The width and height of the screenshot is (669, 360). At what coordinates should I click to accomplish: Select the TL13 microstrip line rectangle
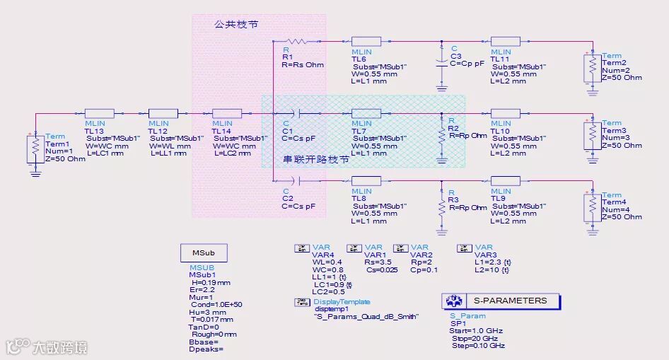click(x=99, y=113)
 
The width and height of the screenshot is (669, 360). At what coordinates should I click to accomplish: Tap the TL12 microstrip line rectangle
click(x=163, y=113)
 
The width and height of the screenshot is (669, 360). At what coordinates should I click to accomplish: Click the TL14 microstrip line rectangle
click(x=226, y=113)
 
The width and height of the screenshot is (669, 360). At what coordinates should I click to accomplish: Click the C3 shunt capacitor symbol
click(x=442, y=62)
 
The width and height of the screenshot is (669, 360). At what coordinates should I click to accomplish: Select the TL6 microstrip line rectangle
click(x=366, y=42)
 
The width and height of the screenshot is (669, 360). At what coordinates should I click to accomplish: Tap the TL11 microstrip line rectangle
click(x=505, y=42)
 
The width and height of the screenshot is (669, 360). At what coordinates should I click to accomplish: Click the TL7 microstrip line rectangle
click(x=366, y=113)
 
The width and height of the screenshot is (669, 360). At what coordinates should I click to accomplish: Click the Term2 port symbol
click(x=592, y=67)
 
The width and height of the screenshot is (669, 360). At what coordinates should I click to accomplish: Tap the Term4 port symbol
click(x=592, y=207)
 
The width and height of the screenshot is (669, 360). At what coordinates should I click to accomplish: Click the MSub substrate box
click(x=209, y=253)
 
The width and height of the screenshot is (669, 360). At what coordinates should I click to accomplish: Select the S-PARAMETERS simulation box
click(x=501, y=301)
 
